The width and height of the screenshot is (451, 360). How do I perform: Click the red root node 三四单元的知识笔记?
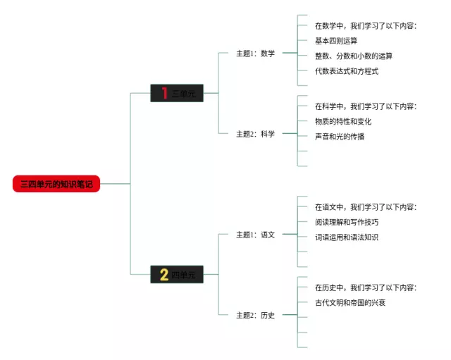[x=56, y=184]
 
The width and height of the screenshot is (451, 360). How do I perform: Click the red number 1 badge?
[x=165, y=93]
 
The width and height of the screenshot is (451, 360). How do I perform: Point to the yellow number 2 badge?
[x=164, y=275]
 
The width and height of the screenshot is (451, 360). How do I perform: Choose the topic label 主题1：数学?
[x=255, y=53]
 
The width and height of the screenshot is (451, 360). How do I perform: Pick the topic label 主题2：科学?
[x=255, y=133]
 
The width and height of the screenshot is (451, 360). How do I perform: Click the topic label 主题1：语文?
[x=255, y=235]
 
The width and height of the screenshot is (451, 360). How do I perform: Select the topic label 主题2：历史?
[x=255, y=315]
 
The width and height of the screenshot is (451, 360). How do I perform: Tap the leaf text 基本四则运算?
[x=336, y=41]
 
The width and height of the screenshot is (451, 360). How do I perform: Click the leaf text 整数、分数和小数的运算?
[x=354, y=56]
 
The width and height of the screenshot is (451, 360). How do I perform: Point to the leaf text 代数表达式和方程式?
[x=347, y=71]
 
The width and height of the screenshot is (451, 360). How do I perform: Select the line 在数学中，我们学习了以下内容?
[x=366, y=26]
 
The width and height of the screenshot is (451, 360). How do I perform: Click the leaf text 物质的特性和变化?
[x=343, y=121]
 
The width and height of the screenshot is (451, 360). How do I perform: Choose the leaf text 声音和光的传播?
[x=340, y=136]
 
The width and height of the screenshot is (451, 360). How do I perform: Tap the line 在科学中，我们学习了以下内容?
[x=366, y=106]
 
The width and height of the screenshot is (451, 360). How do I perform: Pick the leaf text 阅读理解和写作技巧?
[x=347, y=222]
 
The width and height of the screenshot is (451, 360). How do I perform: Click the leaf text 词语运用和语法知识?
[x=347, y=237]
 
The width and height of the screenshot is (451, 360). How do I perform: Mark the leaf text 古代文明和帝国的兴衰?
[x=350, y=302]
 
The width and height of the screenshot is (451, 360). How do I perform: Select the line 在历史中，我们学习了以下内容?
[x=366, y=287]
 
